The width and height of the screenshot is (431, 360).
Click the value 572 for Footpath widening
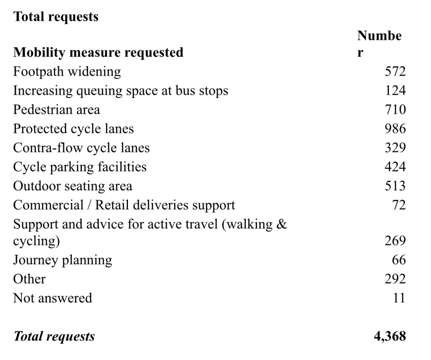coord(395,71)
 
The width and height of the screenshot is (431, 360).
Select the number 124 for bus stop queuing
coord(395,90)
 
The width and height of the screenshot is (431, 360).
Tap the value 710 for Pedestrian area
coord(395,110)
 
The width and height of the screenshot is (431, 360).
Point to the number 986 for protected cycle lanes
coord(395,129)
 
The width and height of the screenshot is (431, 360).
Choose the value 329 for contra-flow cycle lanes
coord(395,148)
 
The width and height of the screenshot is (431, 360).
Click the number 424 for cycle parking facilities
coord(395,167)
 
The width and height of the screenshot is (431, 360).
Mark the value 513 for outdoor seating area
coord(395,186)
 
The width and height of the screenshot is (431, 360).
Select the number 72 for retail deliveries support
coord(399,205)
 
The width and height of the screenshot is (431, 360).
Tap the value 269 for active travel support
coord(395,241)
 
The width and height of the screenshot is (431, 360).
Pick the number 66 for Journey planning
coord(399,260)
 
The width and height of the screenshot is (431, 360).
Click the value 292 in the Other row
coord(395,279)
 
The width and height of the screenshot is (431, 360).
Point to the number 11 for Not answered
coord(399,298)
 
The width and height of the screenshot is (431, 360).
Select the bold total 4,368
coord(390,336)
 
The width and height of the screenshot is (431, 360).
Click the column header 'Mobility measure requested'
coord(98,53)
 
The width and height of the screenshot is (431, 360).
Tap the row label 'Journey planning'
coord(62,260)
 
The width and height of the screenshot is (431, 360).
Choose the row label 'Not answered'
coord(52,298)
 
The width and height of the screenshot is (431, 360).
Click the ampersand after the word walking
coord(282,224)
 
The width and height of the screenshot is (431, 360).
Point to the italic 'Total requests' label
coord(54,336)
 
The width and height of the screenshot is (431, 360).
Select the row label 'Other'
coord(29,279)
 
